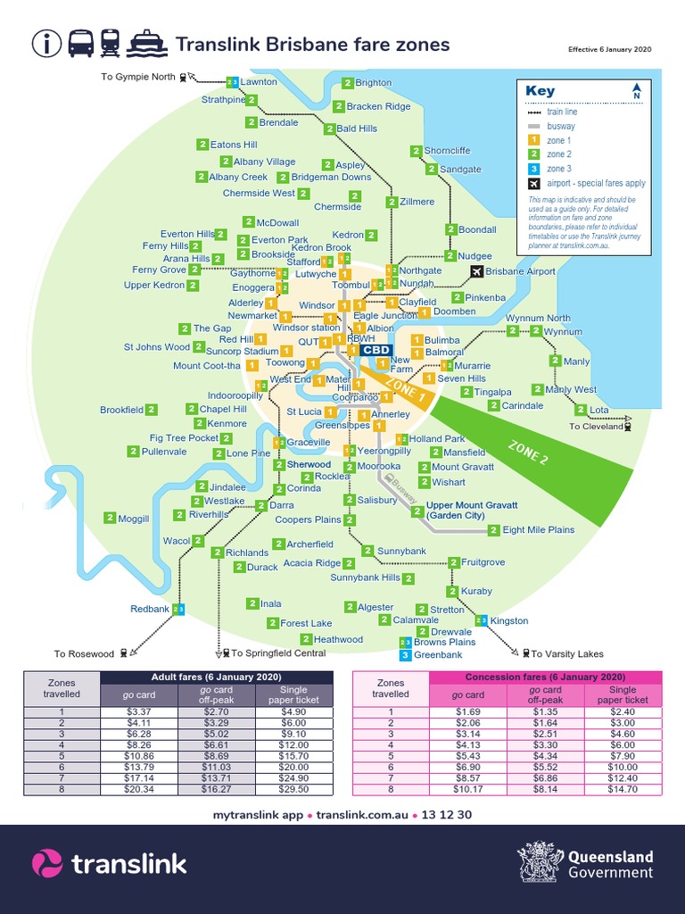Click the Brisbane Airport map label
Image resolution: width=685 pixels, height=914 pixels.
click(x=520, y=271)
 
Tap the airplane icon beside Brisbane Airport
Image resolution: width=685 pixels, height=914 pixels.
click(x=476, y=271)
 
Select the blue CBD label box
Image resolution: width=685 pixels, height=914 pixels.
click(x=376, y=351)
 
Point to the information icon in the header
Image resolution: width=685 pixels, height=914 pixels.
click(x=46, y=43)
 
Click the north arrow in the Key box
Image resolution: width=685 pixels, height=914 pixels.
click(x=637, y=92)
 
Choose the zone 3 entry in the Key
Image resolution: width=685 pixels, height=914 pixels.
click(x=559, y=169)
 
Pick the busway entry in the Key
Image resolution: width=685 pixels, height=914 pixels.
click(x=561, y=127)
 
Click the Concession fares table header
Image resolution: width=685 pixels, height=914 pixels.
click(x=546, y=677)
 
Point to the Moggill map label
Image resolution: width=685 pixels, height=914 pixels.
click(x=133, y=519)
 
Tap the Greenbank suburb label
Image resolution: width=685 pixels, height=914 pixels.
click(x=438, y=655)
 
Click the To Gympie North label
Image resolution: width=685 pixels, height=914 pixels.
click(x=138, y=77)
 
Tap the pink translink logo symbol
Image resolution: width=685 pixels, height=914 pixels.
click(x=47, y=863)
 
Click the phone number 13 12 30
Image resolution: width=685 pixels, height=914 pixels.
click(x=447, y=815)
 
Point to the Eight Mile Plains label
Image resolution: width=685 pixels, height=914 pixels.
click(x=538, y=530)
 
